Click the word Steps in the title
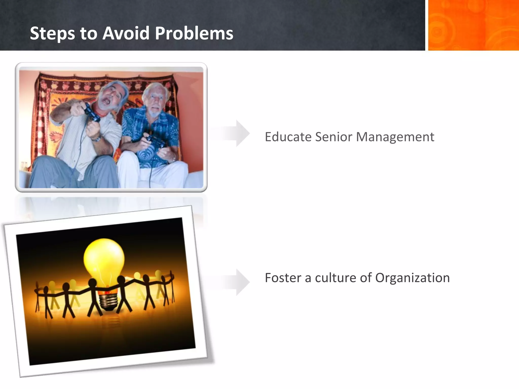click(x=52, y=33)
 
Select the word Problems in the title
click(x=194, y=33)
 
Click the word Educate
click(x=288, y=137)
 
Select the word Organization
click(x=412, y=278)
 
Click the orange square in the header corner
click(x=473, y=25)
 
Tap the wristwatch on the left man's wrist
click(x=96, y=139)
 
